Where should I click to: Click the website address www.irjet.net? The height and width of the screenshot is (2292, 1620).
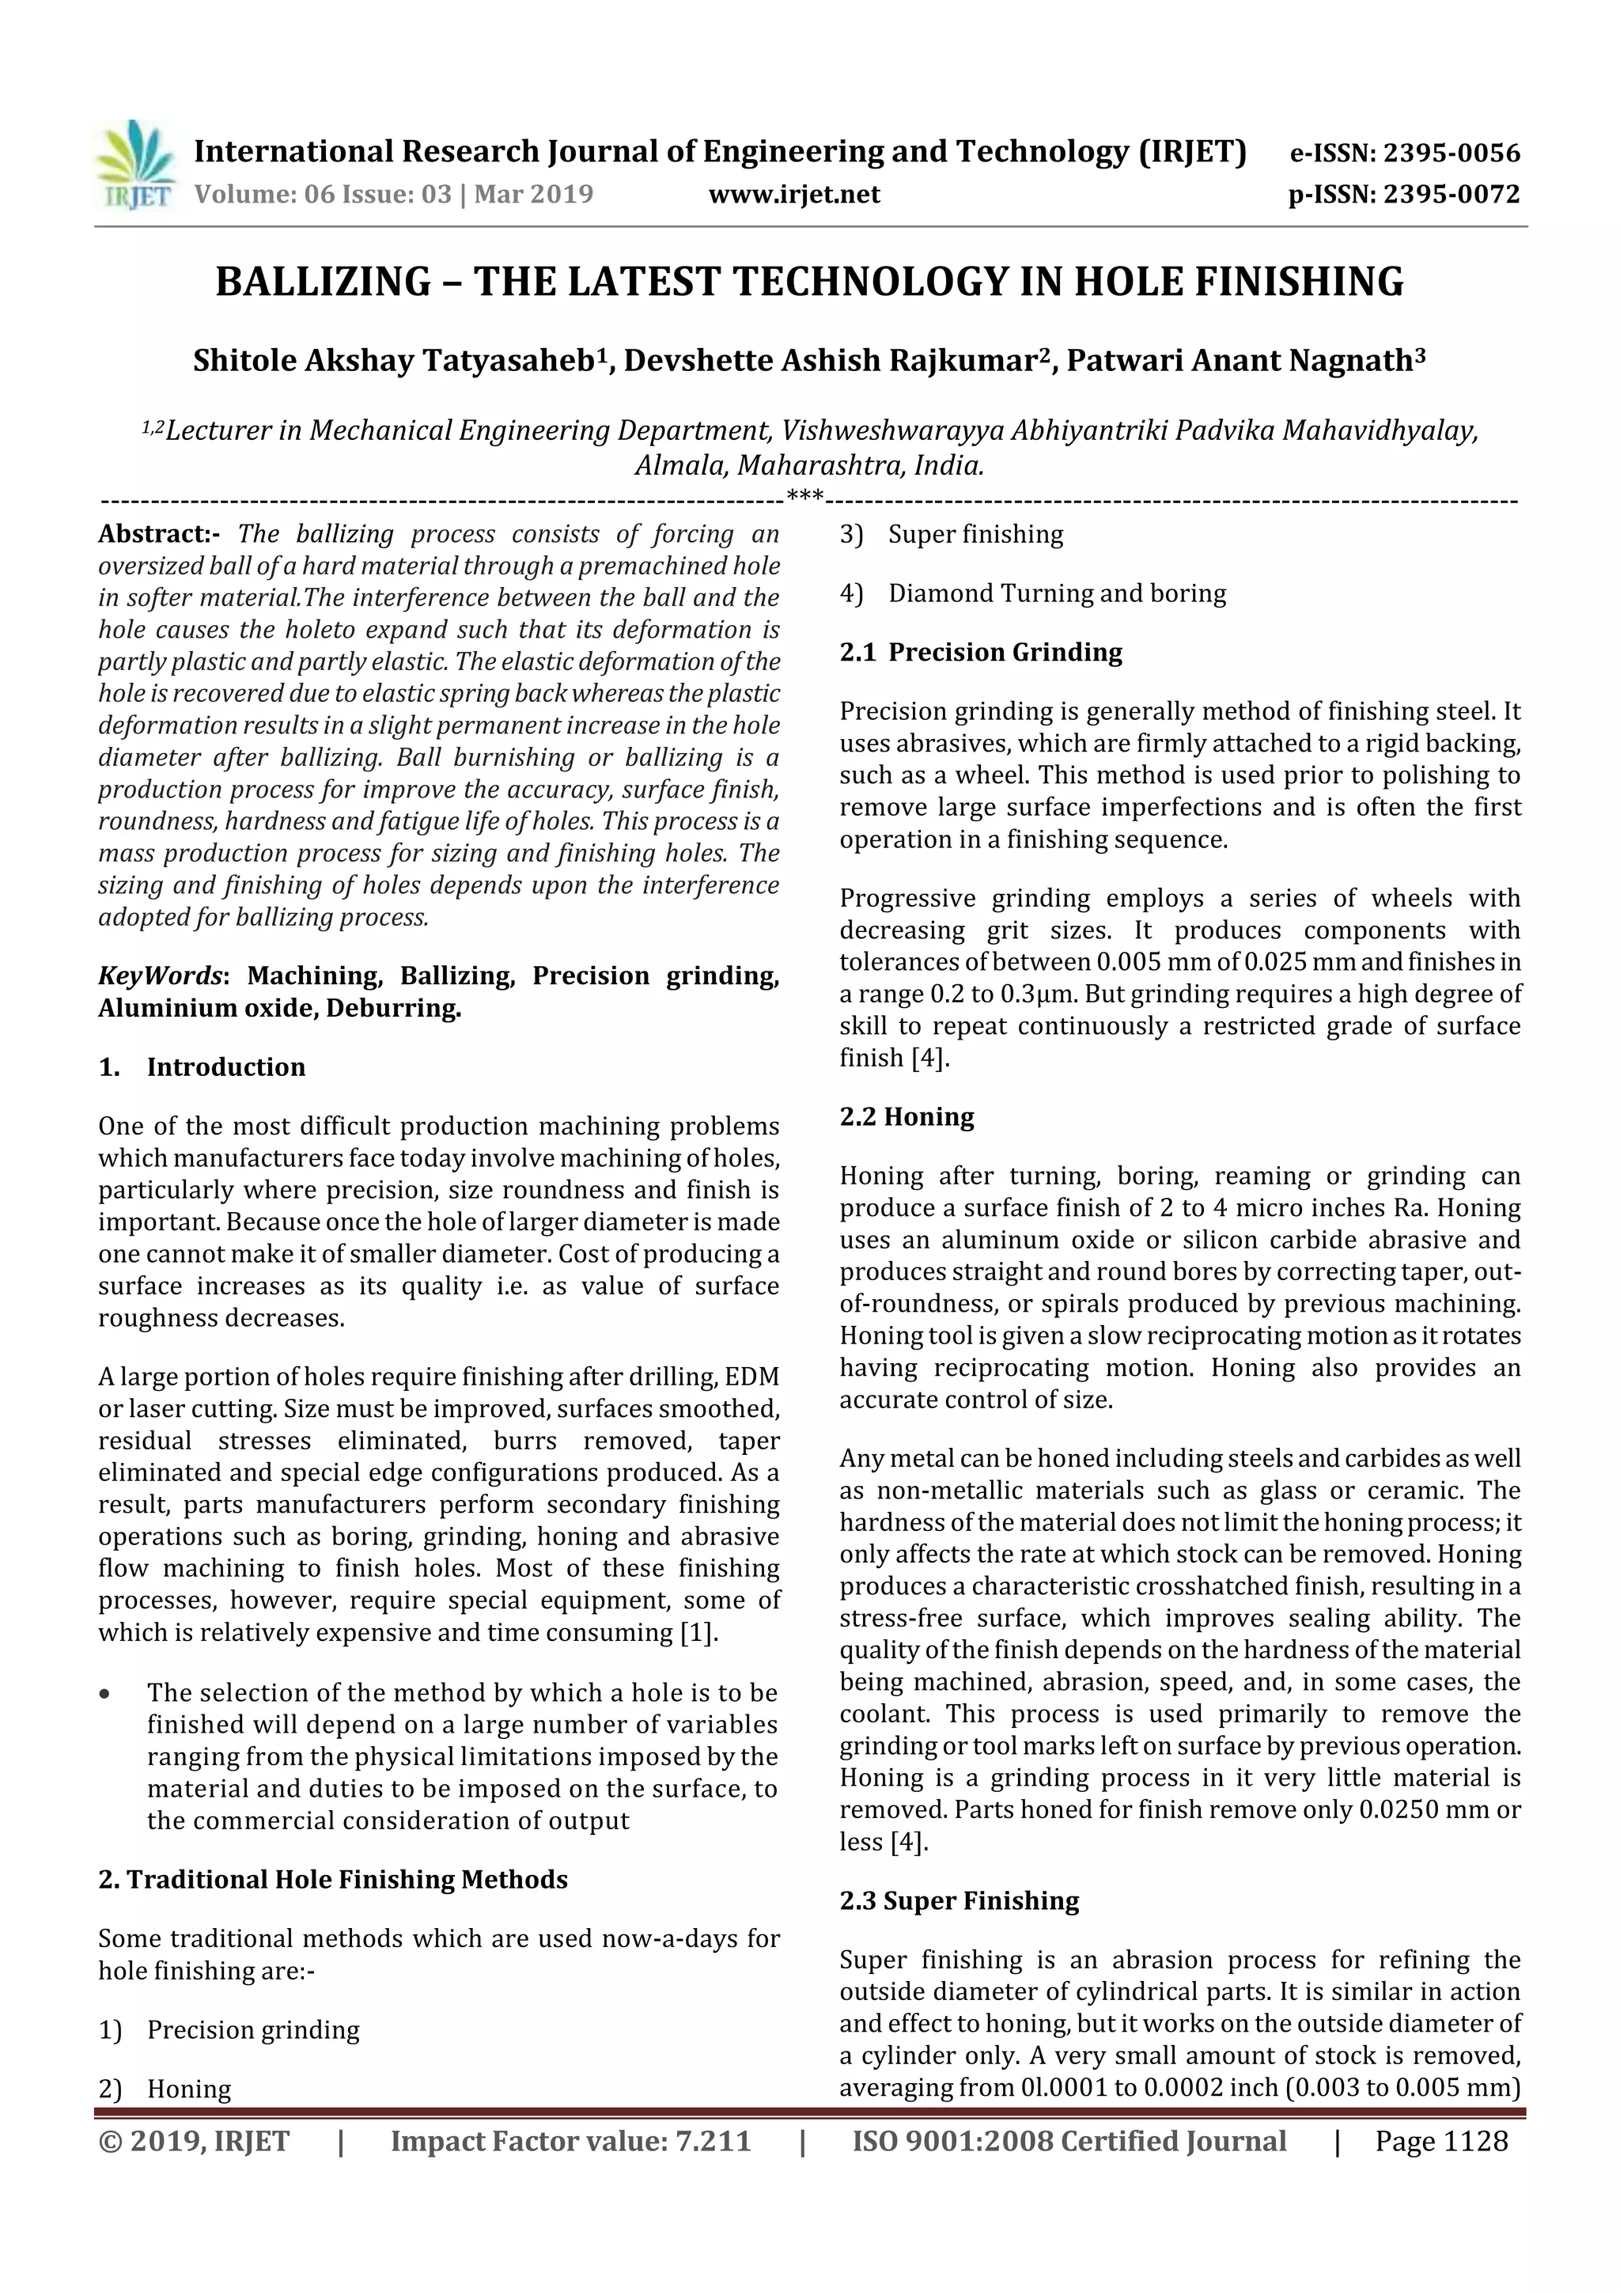(793, 194)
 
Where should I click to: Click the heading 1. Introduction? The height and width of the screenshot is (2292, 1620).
(202, 1067)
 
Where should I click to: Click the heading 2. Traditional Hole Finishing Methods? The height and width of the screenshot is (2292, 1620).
(332, 1880)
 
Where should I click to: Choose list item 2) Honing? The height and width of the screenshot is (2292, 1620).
(165, 2089)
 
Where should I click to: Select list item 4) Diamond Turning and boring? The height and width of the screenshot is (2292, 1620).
(1032, 593)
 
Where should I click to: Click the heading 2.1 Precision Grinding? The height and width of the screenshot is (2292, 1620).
(980, 652)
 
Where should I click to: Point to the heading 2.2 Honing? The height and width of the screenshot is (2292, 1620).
(907, 1116)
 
